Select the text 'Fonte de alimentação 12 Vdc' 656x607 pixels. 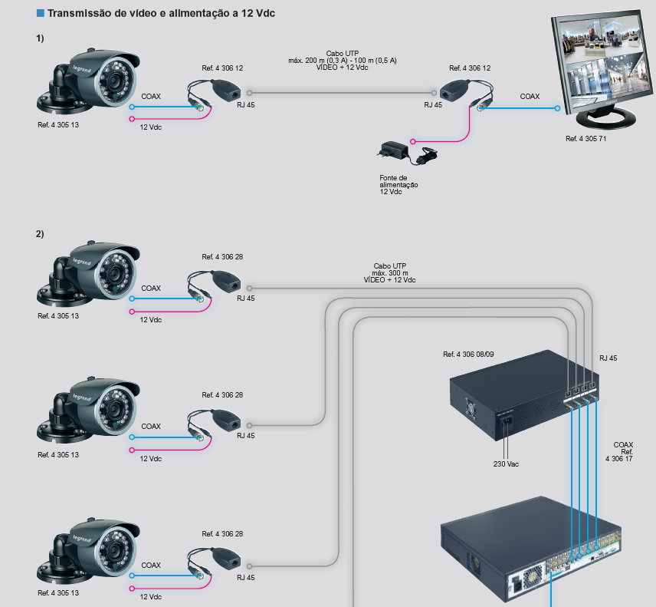pos(399,184)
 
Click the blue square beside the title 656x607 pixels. pos(40,13)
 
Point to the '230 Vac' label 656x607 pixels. pos(507,463)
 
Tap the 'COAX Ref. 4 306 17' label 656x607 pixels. pos(622,451)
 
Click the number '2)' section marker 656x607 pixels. pos(40,233)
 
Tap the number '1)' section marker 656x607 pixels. pos(40,38)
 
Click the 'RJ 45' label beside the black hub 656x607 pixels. pos(608,358)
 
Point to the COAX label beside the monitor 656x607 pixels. pos(530,97)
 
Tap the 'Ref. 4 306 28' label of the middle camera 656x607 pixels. pos(222,395)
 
